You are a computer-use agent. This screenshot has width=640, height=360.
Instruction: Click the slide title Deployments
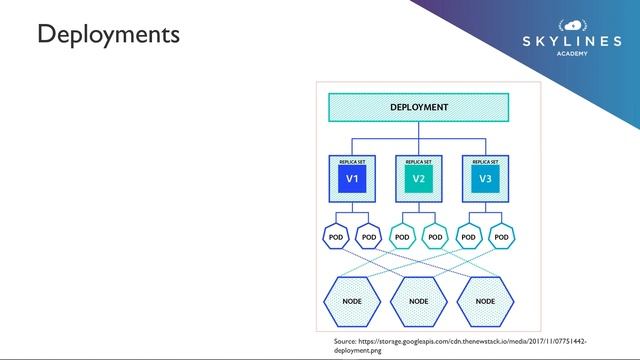(108, 35)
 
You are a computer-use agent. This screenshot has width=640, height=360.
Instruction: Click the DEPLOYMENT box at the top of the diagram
(419, 108)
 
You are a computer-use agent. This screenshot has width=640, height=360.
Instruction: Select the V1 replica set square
(352, 179)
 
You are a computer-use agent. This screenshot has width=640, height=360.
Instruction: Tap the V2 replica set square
(418, 179)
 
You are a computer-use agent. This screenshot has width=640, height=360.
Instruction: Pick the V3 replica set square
(485, 179)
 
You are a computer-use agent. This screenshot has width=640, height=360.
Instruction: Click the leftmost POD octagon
(336, 237)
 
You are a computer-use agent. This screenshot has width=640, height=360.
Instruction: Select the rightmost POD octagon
(502, 237)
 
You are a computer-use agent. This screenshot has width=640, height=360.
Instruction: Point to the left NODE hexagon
(352, 300)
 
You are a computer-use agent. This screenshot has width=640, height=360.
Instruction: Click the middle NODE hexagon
(418, 300)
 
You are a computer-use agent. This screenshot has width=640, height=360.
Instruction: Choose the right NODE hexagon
(485, 300)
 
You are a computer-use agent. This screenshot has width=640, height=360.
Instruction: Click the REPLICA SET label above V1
(352, 160)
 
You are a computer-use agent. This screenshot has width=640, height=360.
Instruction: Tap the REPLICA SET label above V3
(485, 160)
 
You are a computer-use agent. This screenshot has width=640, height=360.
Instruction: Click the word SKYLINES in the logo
(571, 41)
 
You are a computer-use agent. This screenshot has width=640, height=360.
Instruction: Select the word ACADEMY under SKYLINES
(572, 54)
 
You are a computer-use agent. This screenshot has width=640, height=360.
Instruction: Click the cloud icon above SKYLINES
(572, 23)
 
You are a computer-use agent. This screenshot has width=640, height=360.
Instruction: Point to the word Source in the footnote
(345, 342)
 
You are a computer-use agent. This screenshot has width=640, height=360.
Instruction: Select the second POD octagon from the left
(369, 237)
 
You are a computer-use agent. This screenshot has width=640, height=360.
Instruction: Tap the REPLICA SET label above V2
(418, 160)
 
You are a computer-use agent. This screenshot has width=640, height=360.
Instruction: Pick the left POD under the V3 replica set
(468, 237)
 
